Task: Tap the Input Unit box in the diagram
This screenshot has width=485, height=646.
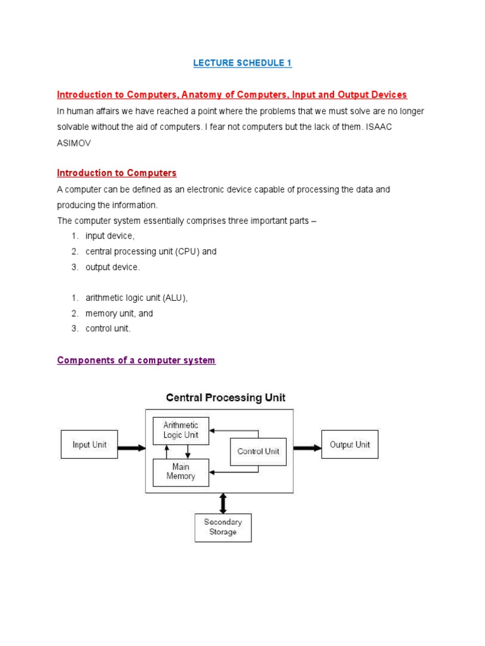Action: [x=89, y=445]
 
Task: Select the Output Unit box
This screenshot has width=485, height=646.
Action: [x=350, y=445]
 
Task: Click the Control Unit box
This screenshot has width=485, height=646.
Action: [x=258, y=452]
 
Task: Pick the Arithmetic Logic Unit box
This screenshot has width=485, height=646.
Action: [x=181, y=430]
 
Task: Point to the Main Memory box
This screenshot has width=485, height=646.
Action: [x=181, y=472]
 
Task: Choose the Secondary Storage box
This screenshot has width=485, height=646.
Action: [x=223, y=527]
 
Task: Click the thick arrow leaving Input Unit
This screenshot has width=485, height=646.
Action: [x=131, y=448]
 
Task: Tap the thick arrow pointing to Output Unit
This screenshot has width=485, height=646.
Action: [x=307, y=448]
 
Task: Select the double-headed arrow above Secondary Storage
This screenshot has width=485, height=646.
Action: [x=222, y=503]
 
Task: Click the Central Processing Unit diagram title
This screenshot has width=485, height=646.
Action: [x=225, y=398]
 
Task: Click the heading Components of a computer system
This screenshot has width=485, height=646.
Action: [x=136, y=360]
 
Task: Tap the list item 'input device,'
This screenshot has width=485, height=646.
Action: [x=110, y=236]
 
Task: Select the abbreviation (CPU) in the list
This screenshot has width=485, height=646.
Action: [x=187, y=251]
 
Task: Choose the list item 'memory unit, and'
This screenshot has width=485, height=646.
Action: [x=119, y=313]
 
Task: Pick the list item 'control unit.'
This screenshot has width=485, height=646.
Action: [x=108, y=329]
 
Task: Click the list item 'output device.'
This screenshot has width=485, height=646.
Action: [x=112, y=267]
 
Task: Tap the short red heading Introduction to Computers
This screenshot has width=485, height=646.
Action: [x=117, y=173]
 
